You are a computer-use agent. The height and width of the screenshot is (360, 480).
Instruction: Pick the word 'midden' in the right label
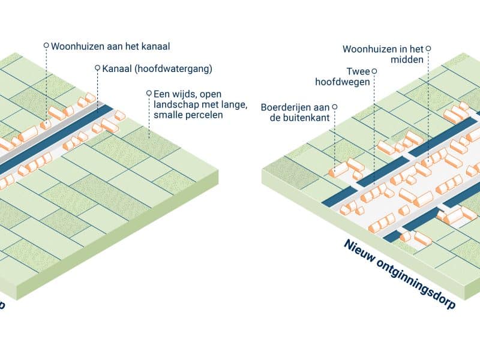click(x=411, y=59)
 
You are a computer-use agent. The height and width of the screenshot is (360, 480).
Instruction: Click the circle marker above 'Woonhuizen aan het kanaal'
click(x=46, y=46)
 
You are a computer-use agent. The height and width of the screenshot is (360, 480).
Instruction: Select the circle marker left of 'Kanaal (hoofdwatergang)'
click(x=98, y=68)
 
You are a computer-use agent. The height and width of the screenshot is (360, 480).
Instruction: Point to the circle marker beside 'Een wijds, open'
click(x=148, y=93)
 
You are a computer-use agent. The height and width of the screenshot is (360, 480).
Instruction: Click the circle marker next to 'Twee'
click(x=374, y=71)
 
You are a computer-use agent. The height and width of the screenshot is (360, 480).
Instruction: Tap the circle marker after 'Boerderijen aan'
click(x=334, y=107)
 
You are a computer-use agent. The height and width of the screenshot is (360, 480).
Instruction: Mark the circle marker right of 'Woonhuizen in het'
click(x=428, y=49)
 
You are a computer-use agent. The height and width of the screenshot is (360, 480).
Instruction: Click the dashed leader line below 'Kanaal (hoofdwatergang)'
click(x=98, y=90)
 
